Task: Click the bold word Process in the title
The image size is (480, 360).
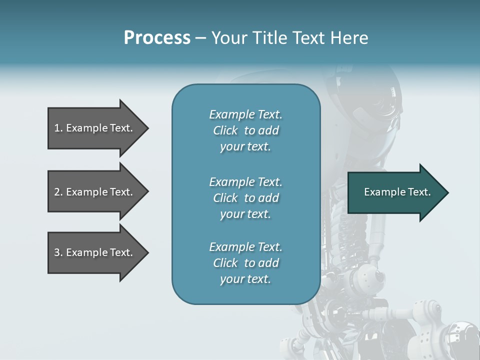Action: pyautogui.click(x=157, y=38)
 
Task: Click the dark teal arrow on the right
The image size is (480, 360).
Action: pyautogui.click(x=395, y=192)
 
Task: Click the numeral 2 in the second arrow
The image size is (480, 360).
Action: pyautogui.click(x=57, y=192)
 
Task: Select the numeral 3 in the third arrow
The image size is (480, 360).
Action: pyautogui.click(x=57, y=252)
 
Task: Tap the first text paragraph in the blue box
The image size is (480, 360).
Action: pyautogui.click(x=245, y=130)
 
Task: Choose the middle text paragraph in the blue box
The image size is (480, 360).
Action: pyautogui.click(x=245, y=198)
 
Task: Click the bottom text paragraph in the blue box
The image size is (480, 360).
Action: pyautogui.click(x=245, y=263)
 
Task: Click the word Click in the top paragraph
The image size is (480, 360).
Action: pyautogui.click(x=225, y=130)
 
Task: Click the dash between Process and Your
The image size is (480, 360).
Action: pyautogui.click(x=200, y=38)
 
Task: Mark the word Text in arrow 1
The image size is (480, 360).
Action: pyautogui.click(x=120, y=128)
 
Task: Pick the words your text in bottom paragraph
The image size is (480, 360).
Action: pyautogui.click(x=245, y=279)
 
